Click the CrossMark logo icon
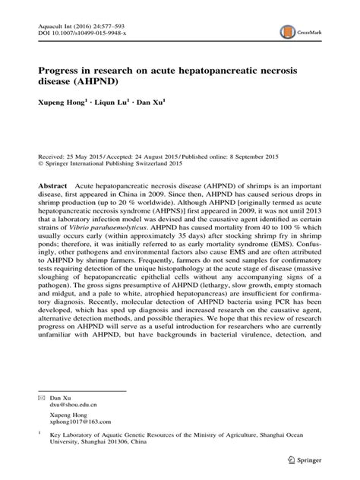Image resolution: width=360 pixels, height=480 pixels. [288, 32]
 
